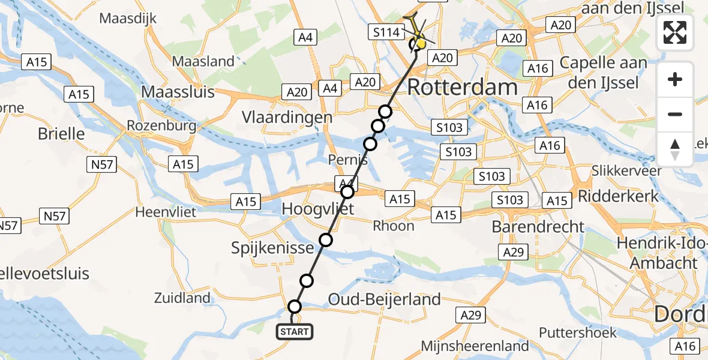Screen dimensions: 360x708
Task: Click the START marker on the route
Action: pos(294,332)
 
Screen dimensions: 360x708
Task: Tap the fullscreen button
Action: pos(675,32)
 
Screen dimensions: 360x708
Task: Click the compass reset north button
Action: pos(675,149)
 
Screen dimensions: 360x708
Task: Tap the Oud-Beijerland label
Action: pos(384,299)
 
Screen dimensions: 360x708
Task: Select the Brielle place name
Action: pos(61,133)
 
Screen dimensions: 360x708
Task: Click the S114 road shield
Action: pos(386,32)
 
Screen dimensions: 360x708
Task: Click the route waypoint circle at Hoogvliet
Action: pos(347,192)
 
